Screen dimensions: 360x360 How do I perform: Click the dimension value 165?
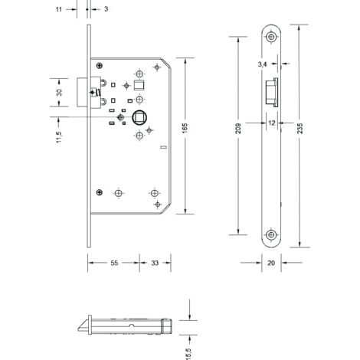[x=185, y=128]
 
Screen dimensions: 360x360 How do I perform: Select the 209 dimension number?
[x=238, y=129]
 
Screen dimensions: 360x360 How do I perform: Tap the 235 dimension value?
[x=300, y=128]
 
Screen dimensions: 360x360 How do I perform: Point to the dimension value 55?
[x=114, y=263]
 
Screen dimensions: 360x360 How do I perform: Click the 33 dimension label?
[x=155, y=263]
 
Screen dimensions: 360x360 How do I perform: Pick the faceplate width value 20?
[x=271, y=263]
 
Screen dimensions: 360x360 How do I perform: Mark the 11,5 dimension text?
[x=59, y=137]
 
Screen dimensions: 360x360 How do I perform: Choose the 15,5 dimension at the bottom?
[x=189, y=354]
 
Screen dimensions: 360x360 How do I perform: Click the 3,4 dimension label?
[x=262, y=64]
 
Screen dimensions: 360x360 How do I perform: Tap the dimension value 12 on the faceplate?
[x=272, y=123]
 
